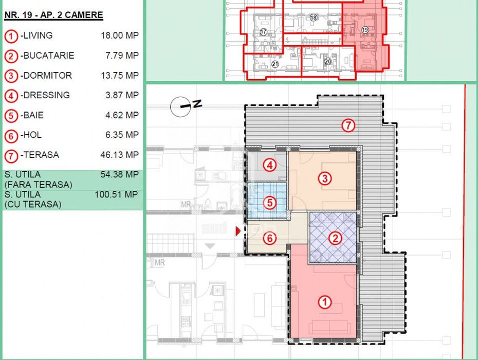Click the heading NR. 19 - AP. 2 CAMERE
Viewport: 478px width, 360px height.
[x=53, y=15]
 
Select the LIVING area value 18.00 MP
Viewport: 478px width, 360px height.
[x=120, y=35]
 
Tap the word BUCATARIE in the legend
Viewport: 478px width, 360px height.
[x=49, y=56]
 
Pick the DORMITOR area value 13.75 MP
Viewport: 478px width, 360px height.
[x=120, y=76]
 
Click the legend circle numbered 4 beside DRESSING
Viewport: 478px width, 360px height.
[x=11, y=96]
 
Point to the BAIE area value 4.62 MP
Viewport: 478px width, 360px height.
[x=122, y=115]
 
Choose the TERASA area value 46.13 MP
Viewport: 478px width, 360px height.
[x=119, y=155]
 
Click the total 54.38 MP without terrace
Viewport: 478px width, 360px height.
[x=119, y=174]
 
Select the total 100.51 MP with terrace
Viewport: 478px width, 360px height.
[x=117, y=194]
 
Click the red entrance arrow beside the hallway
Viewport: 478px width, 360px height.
[x=238, y=231]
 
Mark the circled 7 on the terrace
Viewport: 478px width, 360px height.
[x=348, y=125]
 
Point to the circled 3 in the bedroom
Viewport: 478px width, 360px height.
[x=325, y=178]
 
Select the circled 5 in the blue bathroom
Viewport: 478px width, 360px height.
[x=270, y=203]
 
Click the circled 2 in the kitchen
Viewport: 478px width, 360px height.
[x=335, y=238]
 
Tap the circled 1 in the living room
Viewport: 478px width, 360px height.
[x=325, y=302]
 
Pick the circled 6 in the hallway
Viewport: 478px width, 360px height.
[x=270, y=238]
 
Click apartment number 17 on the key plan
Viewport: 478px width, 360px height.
[x=263, y=32]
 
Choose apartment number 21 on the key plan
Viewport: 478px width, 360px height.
[x=275, y=64]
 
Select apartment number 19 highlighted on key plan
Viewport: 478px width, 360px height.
[x=365, y=30]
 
